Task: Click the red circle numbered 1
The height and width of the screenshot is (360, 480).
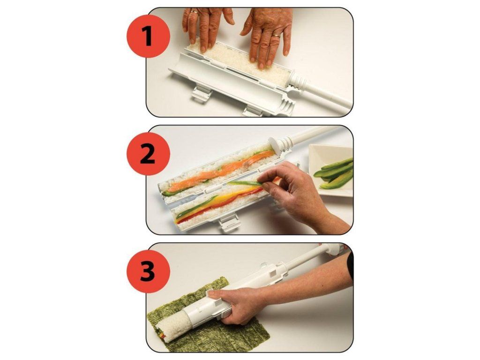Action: (x=148, y=36)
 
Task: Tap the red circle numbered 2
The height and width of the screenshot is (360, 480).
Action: (x=148, y=154)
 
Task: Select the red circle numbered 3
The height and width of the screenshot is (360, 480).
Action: (x=148, y=271)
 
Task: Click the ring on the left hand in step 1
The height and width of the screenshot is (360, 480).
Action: (x=194, y=12)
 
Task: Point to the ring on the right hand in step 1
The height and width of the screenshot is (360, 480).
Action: (x=277, y=35)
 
